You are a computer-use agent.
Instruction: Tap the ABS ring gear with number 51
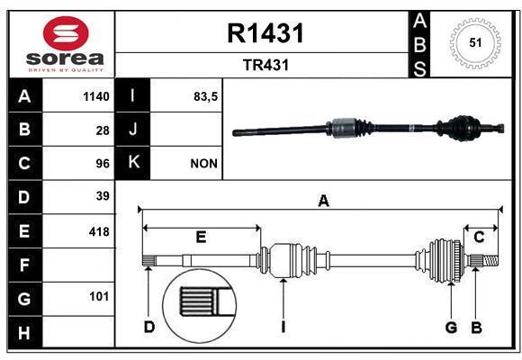coord(473,43)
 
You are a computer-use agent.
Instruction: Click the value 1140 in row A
coord(95,97)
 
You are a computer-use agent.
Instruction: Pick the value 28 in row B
coord(103,130)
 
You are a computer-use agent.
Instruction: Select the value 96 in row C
coord(103,164)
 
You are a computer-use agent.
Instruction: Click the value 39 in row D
coord(103,196)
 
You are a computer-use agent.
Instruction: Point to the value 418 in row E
coord(99,231)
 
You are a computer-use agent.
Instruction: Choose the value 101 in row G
coord(99,296)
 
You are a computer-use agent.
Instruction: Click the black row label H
coord(24,333)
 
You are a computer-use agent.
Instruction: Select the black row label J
coord(133,130)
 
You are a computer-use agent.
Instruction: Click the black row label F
coord(24,265)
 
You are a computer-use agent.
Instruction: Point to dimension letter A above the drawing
coord(323,202)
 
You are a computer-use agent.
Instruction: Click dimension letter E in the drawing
coord(201,237)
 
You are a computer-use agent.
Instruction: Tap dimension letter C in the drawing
coord(480,237)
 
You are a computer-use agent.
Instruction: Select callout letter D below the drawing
coord(149,327)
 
